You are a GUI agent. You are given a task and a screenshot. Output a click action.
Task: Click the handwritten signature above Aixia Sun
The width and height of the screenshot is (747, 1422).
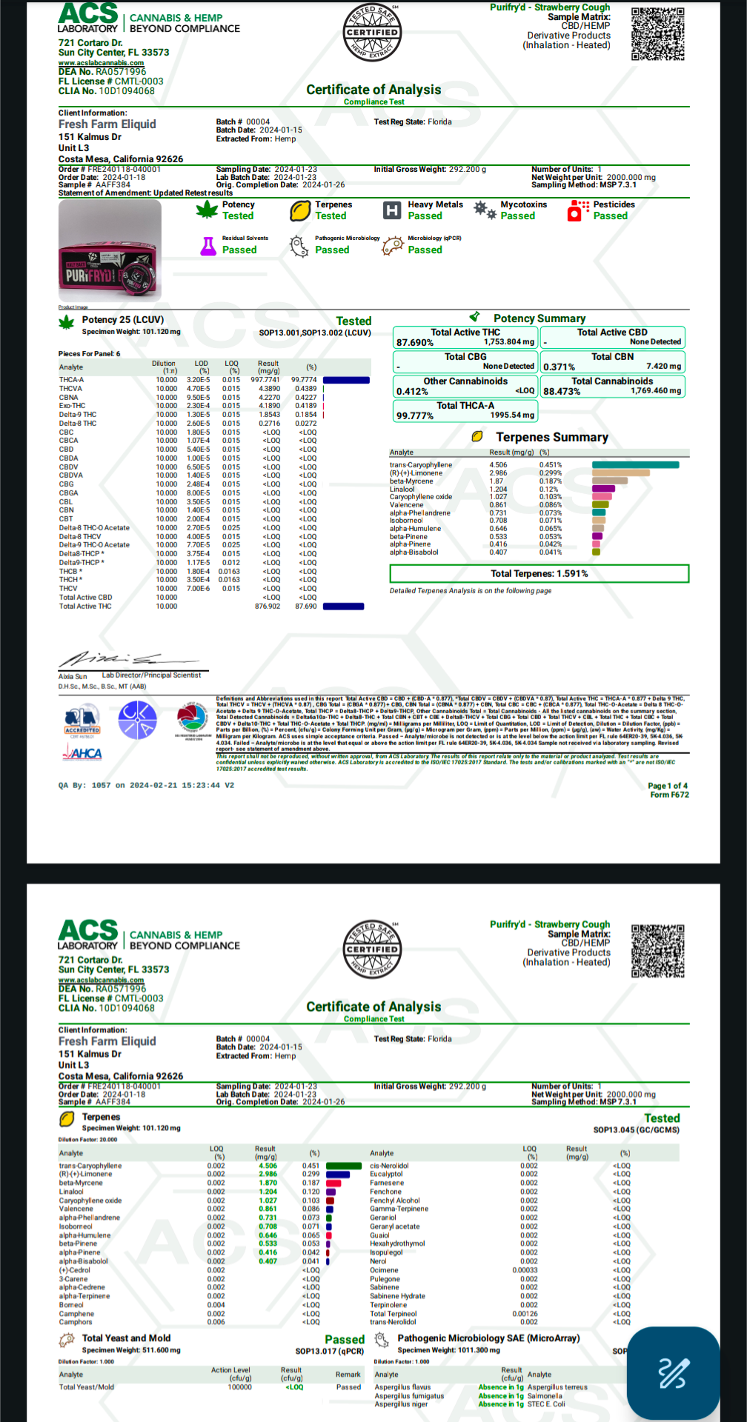pyautogui.click(x=111, y=658)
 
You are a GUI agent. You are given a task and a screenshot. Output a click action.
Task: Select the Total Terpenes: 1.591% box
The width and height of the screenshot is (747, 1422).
pyautogui.click(x=539, y=574)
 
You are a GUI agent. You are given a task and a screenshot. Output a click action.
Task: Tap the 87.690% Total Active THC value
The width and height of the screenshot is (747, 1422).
pyautogui.click(x=415, y=343)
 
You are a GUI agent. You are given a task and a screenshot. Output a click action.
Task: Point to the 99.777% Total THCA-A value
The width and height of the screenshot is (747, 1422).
pyautogui.click(x=415, y=416)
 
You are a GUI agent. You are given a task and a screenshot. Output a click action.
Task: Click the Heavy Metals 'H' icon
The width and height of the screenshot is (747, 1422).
pyautogui.click(x=391, y=211)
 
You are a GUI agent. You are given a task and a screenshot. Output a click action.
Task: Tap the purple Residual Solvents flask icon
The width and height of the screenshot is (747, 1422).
pyautogui.click(x=208, y=246)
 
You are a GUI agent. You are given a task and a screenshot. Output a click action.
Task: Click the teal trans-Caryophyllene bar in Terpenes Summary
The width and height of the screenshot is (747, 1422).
pyautogui.click(x=635, y=465)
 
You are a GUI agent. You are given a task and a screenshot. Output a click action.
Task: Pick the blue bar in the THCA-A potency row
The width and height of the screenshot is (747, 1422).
pyautogui.click(x=346, y=380)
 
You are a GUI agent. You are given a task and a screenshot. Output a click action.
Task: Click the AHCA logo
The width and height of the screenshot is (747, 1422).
pyautogui.click(x=82, y=753)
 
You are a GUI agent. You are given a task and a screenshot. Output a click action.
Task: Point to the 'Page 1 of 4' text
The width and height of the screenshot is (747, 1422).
pyautogui.click(x=667, y=786)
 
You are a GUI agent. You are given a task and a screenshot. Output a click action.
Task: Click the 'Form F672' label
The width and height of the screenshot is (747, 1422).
pyautogui.click(x=669, y=795)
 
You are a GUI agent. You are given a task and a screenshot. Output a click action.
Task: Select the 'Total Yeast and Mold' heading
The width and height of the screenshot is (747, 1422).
pyautogui.click(x=126, y=1338)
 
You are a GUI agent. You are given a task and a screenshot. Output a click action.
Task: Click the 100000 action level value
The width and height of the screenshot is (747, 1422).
pyautogui.click(x=239, y=1387)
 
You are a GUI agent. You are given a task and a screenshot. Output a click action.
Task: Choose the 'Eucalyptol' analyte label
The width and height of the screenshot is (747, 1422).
pyautogui.click(x=386, y=1174)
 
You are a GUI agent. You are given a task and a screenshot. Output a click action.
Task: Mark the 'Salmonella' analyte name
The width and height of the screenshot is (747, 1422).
pyautogui.click(x=545, y=1396)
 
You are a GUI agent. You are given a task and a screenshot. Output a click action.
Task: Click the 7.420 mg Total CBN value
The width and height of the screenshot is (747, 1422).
pyautogui.click(x=663, y=367)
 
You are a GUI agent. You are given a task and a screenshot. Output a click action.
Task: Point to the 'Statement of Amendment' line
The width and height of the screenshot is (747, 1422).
pyautogui.click(x=145, y=193)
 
